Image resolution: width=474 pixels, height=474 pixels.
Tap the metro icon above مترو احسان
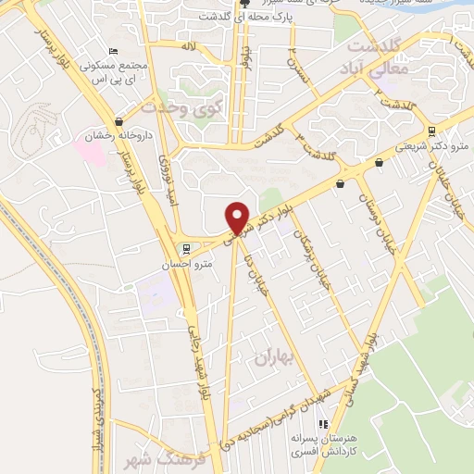click(x=185, y=249)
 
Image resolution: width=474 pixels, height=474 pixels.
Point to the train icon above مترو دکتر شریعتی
click(x=432, y=130)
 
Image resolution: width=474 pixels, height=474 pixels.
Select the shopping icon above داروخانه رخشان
click(x=118, y=121)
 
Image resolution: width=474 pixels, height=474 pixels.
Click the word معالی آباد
click(x=375, y=67)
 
